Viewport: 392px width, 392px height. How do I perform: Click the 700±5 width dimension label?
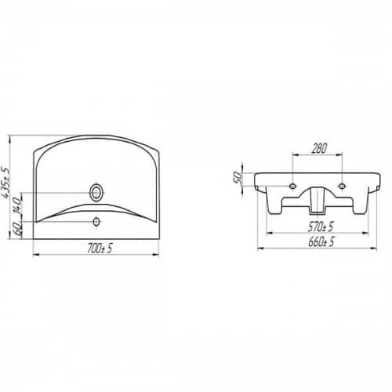tap(100, 249)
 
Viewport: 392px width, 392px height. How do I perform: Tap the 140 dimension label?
tap(17, 206)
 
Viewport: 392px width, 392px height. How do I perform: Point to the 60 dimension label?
tap(17, 229)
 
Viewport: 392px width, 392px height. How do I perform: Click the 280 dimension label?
tap(319, 148)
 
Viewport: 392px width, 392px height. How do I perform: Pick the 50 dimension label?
tap(238, 177)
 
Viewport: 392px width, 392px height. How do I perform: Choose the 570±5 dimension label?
tap(321, 227)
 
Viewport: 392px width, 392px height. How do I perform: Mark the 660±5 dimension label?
tap(321, 241)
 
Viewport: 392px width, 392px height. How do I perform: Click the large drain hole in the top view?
tap(96, 193)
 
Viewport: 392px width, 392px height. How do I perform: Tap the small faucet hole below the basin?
tap(96, 222)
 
